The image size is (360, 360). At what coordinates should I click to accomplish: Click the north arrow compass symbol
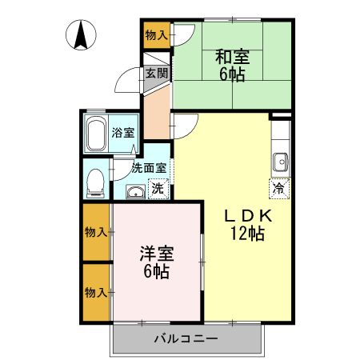82,36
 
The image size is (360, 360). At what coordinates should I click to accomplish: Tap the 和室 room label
231,56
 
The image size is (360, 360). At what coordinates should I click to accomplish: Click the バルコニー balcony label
186,339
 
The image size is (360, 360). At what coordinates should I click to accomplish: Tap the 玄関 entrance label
156,74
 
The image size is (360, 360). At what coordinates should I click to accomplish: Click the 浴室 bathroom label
122,132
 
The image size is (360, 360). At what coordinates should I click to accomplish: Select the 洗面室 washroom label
149,168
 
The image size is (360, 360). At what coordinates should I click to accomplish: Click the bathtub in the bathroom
96,134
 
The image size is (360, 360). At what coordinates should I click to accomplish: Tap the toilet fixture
95,181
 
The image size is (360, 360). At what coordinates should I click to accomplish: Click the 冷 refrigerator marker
278,189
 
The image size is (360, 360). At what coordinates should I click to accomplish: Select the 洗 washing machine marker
158,190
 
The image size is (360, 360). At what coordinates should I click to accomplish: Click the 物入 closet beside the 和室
157,34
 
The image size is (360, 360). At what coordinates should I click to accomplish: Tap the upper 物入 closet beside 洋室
96,232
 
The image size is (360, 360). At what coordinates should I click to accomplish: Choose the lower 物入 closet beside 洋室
96,292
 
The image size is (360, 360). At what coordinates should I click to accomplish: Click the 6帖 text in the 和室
231,74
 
